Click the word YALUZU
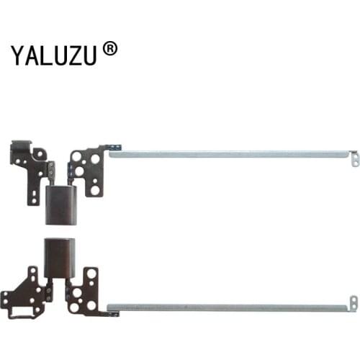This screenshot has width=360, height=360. point(55,55)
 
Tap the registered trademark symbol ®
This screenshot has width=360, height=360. point(109,49)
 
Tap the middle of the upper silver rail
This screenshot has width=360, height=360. point(230,153)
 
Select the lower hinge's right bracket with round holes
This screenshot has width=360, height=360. point(86,292)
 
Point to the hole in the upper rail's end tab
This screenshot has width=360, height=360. point(354,162)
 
